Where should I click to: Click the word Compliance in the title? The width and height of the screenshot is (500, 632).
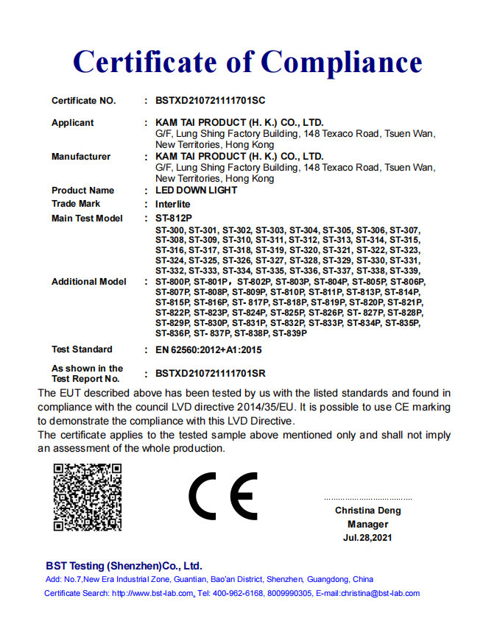(342, 61)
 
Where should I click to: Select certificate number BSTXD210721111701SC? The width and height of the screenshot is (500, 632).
(210, 101)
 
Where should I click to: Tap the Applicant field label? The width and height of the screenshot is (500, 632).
(73, 123)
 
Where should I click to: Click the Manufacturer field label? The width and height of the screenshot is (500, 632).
(81, 157)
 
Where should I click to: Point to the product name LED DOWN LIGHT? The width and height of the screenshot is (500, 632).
(196, 191)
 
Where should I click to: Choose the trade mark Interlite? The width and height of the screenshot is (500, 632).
(172, 204)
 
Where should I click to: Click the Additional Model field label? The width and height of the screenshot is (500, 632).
(89, 282)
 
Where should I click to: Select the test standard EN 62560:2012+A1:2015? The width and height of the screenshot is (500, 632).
(208, 349)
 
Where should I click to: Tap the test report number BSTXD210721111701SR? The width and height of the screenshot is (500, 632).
(211, 374)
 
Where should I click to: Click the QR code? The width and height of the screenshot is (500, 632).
(87, 497)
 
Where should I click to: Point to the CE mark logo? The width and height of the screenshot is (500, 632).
(222, 497)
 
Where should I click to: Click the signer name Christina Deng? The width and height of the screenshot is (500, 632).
(368, 511)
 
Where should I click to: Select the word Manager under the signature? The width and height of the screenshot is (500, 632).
(368, 525)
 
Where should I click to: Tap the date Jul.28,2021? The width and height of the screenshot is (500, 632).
(368, 539)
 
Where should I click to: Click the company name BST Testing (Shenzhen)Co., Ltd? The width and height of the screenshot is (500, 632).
(124, 567)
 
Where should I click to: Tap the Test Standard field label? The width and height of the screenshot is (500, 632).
(82, 349)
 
